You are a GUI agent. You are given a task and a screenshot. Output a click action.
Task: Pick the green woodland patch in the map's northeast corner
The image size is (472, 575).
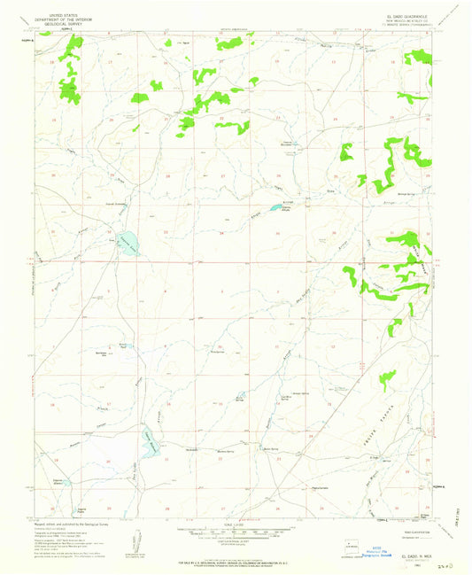(416, 58)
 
